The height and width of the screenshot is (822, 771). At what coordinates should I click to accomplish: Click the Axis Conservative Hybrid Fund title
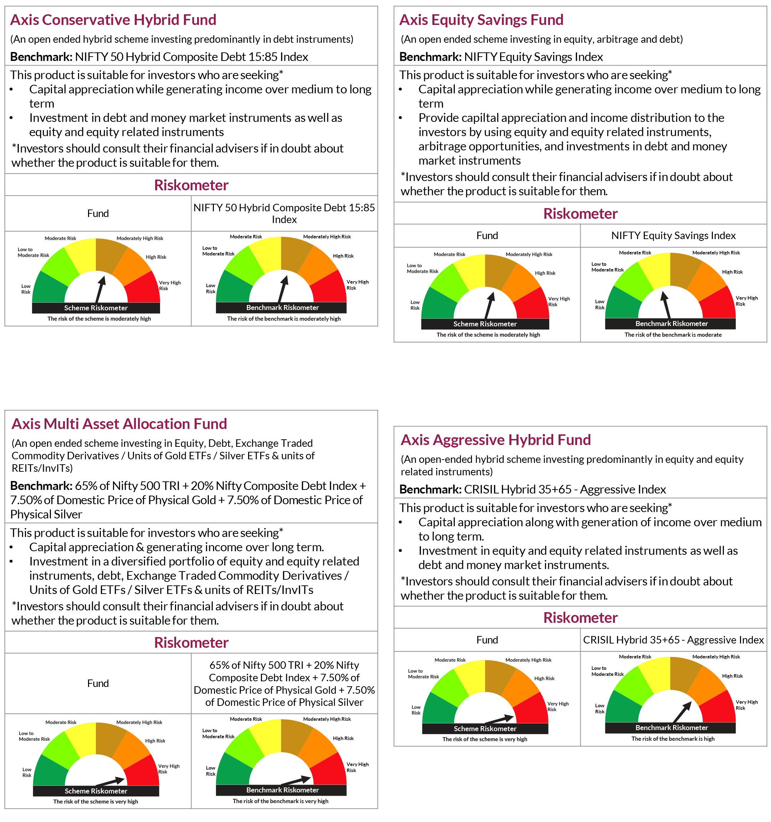tap(113, 20)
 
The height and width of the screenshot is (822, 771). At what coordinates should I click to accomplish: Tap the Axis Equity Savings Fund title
tap(481, 20)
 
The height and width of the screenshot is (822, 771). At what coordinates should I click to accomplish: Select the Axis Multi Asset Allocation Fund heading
tap(119, 424)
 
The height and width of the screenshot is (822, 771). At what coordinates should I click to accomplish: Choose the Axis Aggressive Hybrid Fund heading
tap(495, 440)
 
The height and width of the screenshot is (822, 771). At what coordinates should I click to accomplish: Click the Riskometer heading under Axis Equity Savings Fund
tap(580, 214)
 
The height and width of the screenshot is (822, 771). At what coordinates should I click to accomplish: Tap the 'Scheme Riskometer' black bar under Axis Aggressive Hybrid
tap(485, 729)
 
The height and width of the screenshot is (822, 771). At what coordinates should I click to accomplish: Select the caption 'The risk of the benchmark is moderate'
tap(673, 335)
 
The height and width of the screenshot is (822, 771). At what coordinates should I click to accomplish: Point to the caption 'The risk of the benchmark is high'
tap(673, 739)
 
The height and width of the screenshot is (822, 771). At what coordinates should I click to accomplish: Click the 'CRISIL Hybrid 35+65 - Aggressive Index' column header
tap(673, 640)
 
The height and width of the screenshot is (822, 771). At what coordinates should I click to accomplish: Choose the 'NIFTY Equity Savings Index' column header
tap(673, 236)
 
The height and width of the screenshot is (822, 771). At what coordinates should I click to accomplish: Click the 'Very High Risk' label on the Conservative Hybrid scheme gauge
tap(169, 285)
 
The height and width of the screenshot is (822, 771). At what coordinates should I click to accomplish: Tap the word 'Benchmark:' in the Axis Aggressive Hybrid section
tap(430, 490)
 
